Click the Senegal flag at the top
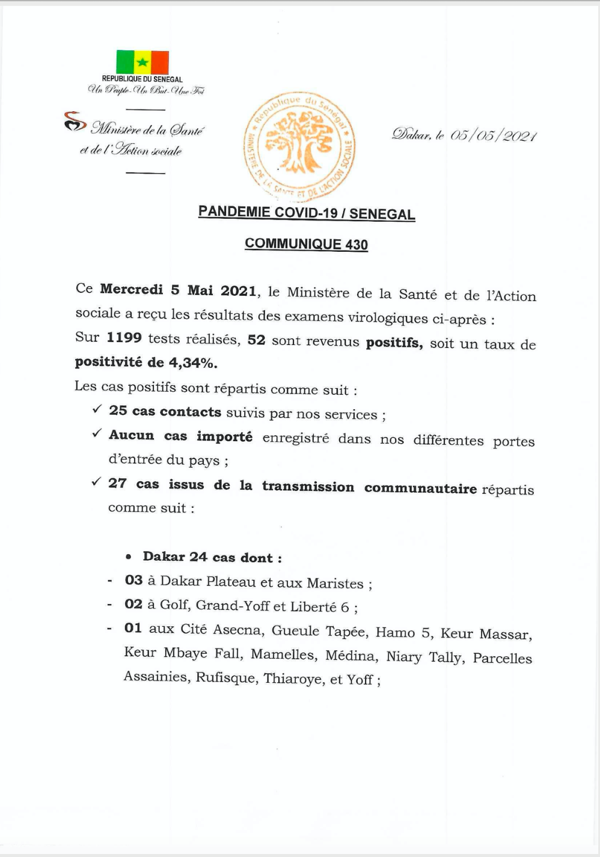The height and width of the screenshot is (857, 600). pos(142,63)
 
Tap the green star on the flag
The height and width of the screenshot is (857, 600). pos(142,63)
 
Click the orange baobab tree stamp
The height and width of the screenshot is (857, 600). pos(299,147)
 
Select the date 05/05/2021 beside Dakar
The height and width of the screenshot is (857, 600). pos(493,135)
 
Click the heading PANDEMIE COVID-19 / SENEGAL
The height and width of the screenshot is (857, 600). pos(307,213)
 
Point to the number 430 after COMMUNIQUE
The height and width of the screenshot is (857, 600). pos(357,245)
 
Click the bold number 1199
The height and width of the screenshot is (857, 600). pos(124,338)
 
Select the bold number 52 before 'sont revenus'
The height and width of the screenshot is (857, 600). pos(256,340)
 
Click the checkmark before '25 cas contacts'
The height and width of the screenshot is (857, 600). pos(97,409)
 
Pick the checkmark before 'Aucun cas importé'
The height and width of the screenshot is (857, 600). pos(97,433)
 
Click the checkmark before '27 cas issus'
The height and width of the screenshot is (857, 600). pos(96,482)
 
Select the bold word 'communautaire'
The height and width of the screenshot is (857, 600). pos(420,488)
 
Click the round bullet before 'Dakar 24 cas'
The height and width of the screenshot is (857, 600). pos(129,558)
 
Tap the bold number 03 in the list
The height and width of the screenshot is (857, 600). pos(133,581)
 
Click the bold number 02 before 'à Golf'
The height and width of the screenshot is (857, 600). pos(133,605)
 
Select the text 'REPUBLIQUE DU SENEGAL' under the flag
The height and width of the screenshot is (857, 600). pos(142,79)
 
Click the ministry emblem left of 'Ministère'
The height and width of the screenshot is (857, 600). pos(75,122)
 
